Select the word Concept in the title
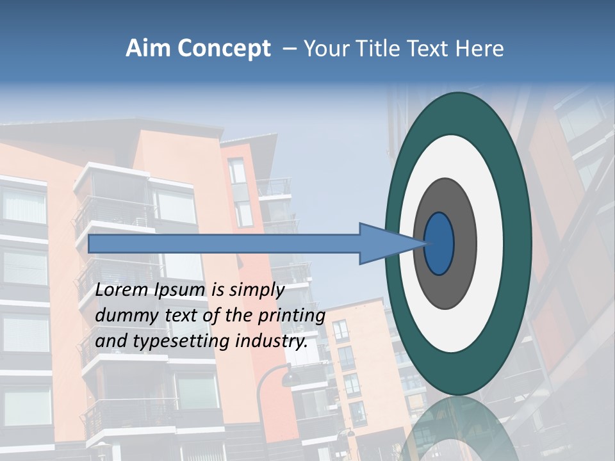[x=224, y=49]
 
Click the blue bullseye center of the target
[x=439, y=243]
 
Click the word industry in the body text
[x=270, y=341]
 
